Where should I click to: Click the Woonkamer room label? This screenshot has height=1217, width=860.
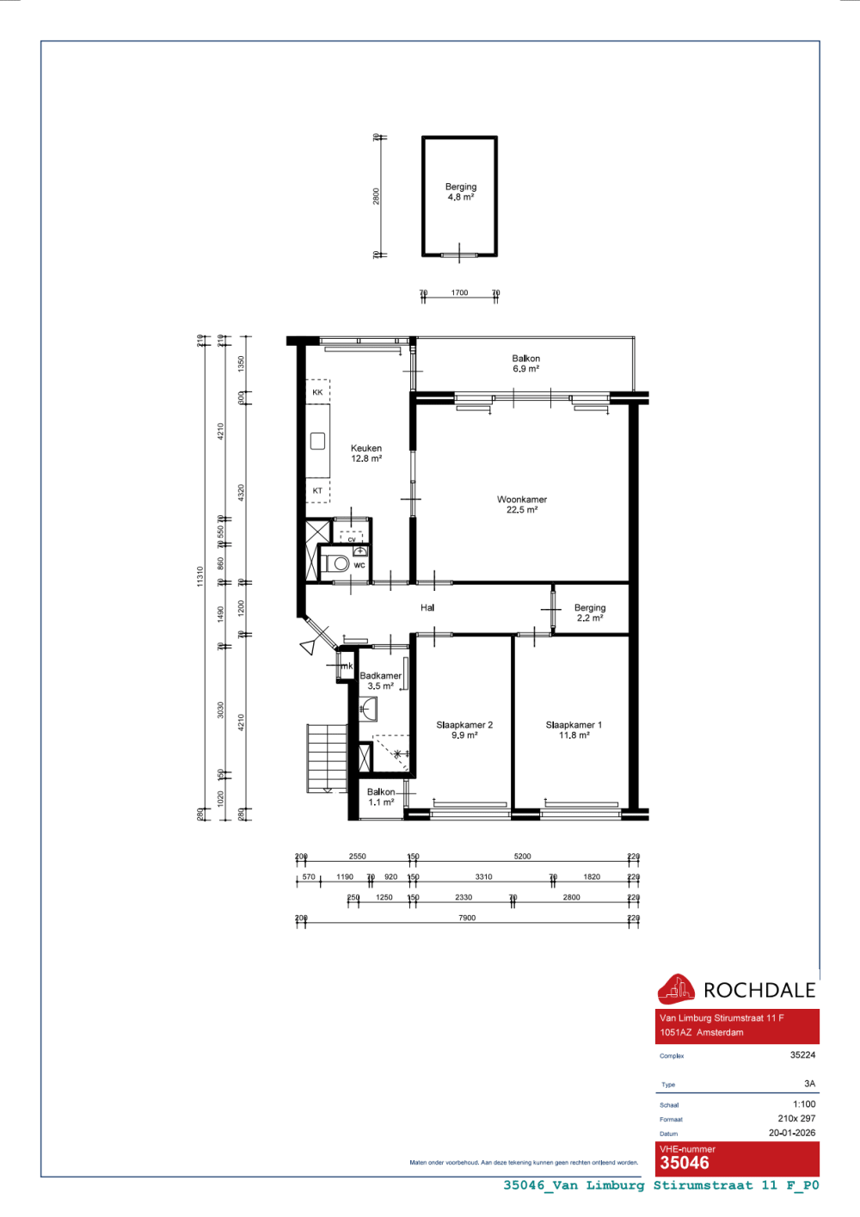point(522,505)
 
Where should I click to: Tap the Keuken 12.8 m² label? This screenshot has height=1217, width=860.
point(366,453)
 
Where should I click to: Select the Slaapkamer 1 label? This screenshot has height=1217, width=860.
point(574,730)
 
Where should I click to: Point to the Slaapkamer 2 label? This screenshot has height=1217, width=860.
point(464,730)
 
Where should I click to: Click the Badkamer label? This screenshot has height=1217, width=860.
point(380,680)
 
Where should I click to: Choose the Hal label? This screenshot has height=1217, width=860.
point(427,608)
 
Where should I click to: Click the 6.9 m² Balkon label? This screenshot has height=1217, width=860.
point(526,364)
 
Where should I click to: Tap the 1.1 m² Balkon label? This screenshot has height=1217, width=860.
point(381,797)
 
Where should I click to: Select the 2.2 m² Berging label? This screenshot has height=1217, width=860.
point(590,612)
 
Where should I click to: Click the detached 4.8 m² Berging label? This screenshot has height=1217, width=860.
point(461,192)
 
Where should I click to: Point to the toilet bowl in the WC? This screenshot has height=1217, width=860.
point(340,564)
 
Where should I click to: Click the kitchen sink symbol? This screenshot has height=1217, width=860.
point(317,441)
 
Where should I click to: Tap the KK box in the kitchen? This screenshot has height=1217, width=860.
point(317,392)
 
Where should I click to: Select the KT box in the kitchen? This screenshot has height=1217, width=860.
point(317,491)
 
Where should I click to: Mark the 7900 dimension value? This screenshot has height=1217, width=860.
point(467,918)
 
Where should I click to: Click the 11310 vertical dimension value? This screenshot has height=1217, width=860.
point(200,576)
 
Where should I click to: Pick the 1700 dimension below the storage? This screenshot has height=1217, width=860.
point(460,293)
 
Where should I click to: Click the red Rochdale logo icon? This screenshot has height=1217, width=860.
point(676,990)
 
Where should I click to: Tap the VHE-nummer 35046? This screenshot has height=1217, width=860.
point(685,1163)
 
